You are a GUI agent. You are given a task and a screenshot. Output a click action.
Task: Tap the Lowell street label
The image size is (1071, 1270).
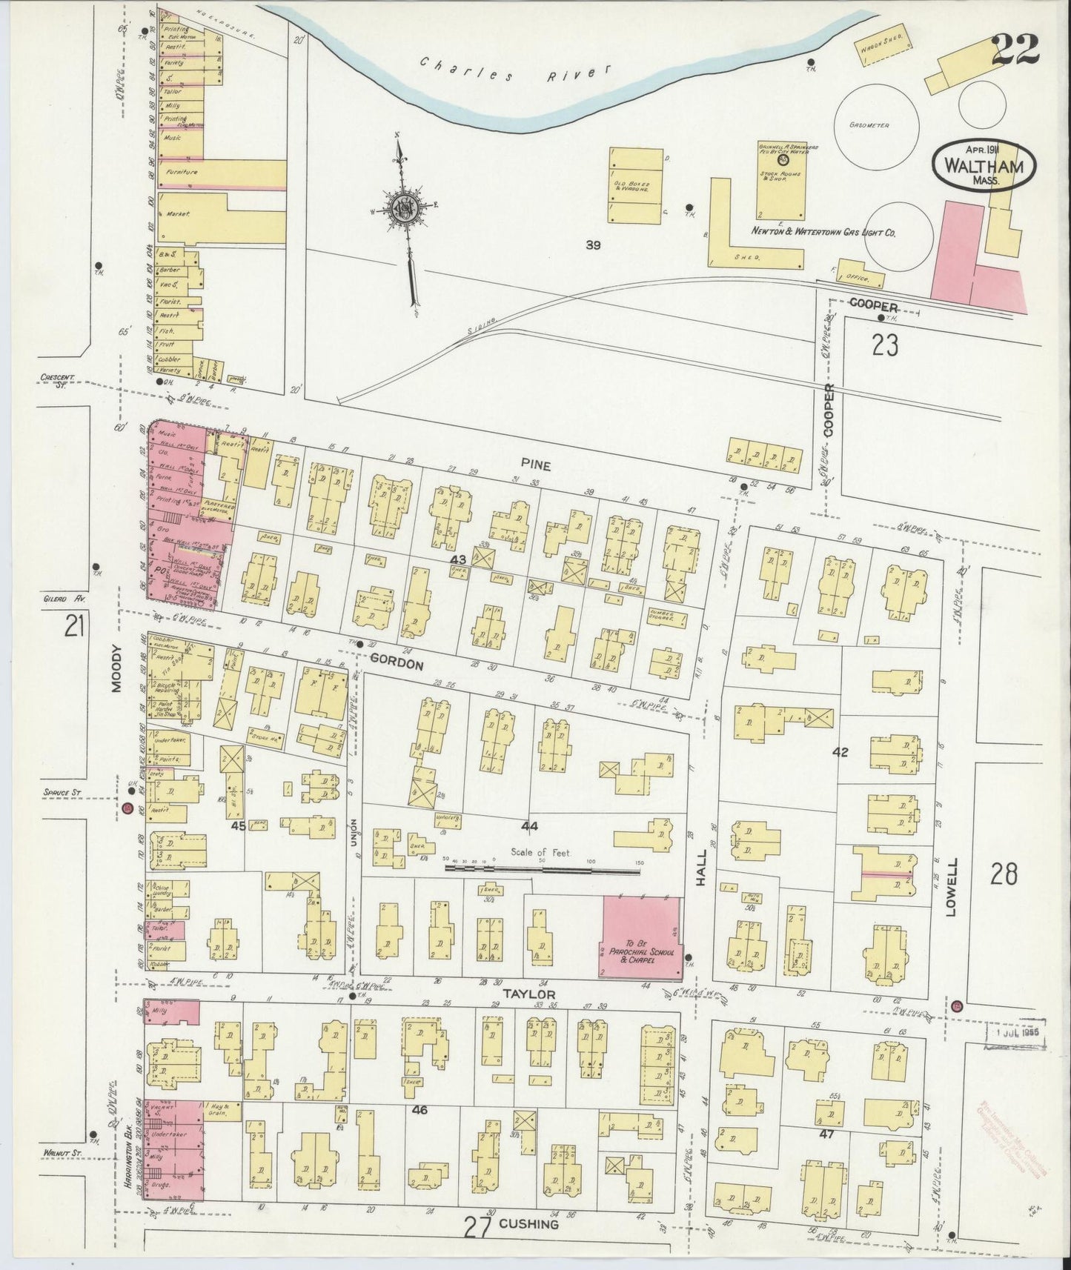[x=952, y=887]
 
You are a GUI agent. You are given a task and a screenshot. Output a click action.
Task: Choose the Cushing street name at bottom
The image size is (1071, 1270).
[x=529, y=1224]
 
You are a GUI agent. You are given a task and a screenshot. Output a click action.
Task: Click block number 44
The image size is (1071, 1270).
[x=529, y=825]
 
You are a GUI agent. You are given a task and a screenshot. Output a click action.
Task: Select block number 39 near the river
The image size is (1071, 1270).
[x=592, y=245]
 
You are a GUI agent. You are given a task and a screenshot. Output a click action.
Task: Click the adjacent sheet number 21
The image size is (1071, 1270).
[x=73, y=627]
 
